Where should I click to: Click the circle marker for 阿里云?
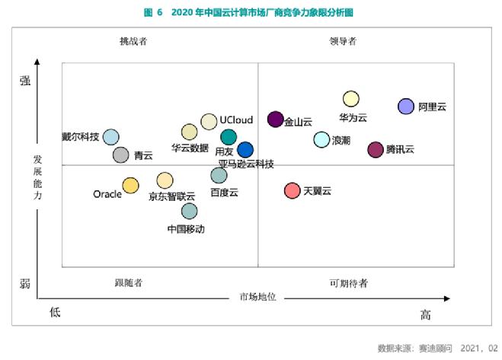point(406,107)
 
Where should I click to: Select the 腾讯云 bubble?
point(376,149)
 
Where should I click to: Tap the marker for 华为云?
point(350,99)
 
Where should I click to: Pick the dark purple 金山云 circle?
point(276,119)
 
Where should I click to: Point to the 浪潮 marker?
point(321,140)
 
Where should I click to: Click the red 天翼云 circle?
point(292,190)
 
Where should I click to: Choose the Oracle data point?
point(131,185)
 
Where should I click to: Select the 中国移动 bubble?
point(189,211)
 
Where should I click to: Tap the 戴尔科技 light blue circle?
point(111,137)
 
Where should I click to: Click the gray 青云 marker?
point(120,155)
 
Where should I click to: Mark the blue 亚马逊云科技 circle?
point(245,150)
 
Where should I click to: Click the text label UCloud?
point(236,120)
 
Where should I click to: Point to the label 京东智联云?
point(171,196)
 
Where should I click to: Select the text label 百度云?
point(225,193)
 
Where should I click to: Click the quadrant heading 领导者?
point(343,41)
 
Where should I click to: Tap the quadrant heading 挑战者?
point(133,41)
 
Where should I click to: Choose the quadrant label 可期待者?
point(348,283)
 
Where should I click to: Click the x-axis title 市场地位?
point(257,296)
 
